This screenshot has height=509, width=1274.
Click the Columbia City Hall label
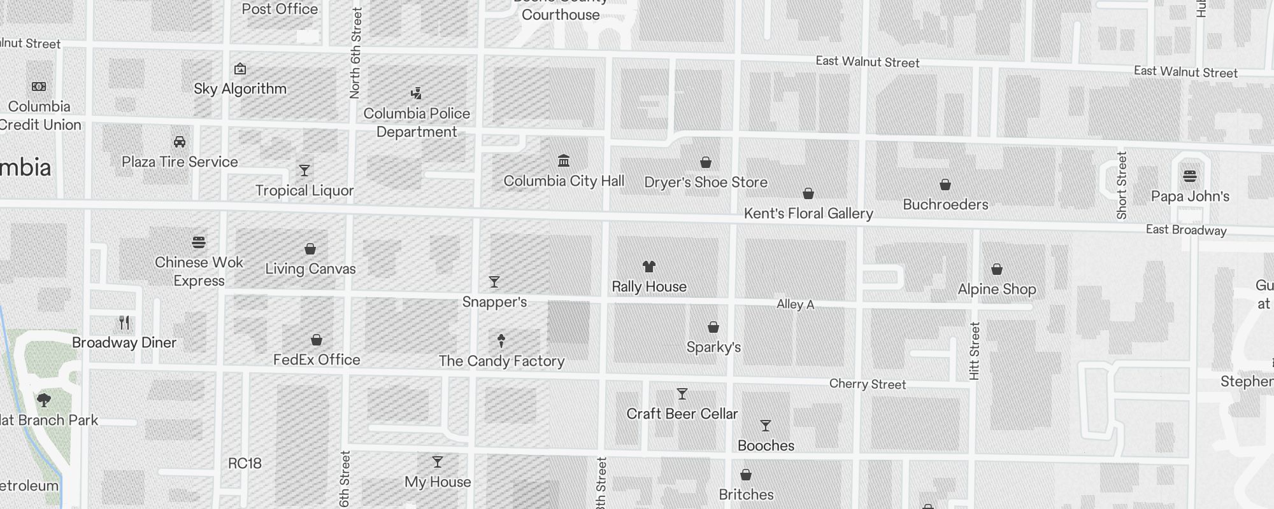click(x=564, y=181)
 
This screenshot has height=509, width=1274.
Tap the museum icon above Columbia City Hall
click(x=564, y=160)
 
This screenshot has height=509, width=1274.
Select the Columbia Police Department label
click(x=417, y=123)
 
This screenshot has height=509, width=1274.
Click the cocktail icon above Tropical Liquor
click(x=304, y=171)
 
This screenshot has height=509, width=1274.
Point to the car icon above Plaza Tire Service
click(x=180, y=142)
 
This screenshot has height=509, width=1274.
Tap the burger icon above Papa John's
click(x=1190, y=176)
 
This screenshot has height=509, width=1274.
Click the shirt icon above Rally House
click(x=649, y=267)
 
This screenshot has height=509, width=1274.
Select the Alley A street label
click(x=795, y=305)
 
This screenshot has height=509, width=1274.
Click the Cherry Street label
click(x=867, y=384)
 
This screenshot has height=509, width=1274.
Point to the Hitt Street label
click(x=974, y=351)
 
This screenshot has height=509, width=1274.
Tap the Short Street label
click(x=1122, y=185)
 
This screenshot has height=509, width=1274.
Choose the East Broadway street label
click(x=1185, y=230)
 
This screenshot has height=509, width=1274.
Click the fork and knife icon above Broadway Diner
click(x=124, y=323)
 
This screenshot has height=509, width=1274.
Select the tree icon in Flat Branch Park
click(x=44, y=400)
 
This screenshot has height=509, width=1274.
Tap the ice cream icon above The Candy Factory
click(x=501, y=341)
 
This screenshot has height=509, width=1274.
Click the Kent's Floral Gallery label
click(x=808, y=214)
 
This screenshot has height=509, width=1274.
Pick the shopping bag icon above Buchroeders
click(x=945, y=185)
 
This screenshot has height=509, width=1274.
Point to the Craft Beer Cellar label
click(x=682, y=414)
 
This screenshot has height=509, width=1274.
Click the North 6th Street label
click(x=355, y=53)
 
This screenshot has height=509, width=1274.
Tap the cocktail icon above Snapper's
click(x=494, y=281)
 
